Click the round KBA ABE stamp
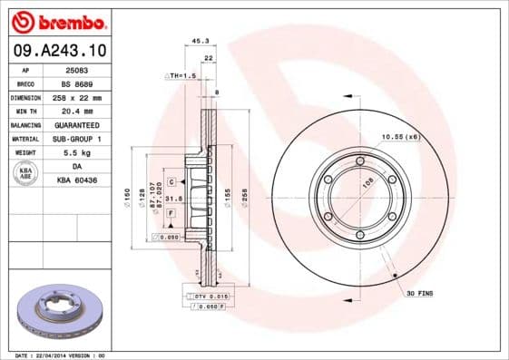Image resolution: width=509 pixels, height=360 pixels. [25, 173]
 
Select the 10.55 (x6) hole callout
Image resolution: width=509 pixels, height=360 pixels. [399, 136]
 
